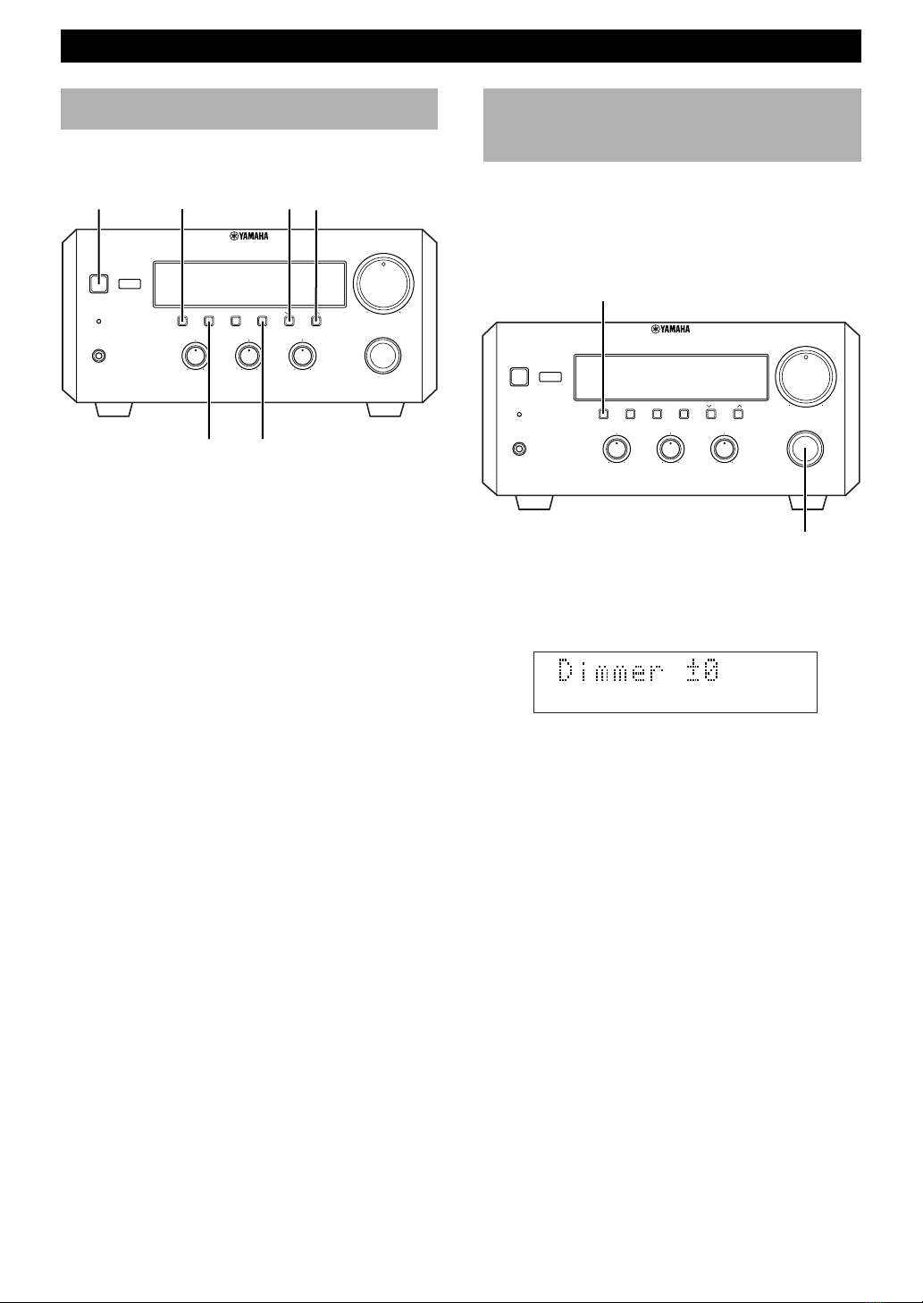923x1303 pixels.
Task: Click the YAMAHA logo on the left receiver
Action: coord(248,236)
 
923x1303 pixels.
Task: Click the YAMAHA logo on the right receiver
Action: coord(671,329)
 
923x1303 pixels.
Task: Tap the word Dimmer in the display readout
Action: coord(610,670)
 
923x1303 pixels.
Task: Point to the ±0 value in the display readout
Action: coord(701,670)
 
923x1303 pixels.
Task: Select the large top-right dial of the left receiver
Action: coord(384,283)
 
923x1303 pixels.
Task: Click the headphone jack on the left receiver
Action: coord(99,356)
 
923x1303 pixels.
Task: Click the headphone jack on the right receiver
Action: coord(520,449)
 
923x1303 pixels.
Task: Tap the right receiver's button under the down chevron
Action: coord(710,414)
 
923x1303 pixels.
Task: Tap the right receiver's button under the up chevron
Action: coord(738,414)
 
